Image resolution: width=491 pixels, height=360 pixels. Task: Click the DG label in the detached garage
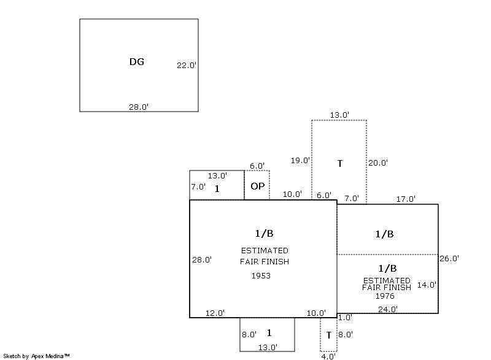[x=137, y=62]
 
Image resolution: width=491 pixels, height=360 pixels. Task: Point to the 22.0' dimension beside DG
[x=187, y=65]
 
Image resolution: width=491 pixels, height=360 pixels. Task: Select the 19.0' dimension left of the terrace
[x=300, y=161]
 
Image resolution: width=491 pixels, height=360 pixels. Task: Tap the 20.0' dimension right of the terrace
[x=377, y=163]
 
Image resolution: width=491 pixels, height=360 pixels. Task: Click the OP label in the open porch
[x=257, y=186]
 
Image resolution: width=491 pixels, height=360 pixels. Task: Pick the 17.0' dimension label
[x=406, y=199]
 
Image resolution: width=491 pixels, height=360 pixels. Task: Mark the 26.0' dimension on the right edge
[x=449, y=259]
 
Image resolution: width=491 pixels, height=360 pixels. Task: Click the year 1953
[x=261, y=276]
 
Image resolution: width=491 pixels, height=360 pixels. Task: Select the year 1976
[x=385, y=296]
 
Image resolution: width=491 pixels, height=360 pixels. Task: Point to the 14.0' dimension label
[x=427, y=285]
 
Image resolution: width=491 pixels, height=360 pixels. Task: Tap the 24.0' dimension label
[x=387, y=309]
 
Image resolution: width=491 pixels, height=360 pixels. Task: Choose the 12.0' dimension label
[x=215, y=313]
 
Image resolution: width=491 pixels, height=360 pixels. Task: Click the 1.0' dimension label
[x=345, y=318]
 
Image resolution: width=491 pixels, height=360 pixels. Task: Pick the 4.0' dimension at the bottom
[x=328, y=356]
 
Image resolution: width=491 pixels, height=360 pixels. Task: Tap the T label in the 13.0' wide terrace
[x=339, y=164]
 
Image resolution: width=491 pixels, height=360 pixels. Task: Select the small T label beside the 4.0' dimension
[x=329, y=335]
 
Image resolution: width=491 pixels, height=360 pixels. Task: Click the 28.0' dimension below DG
[x=138, y=107]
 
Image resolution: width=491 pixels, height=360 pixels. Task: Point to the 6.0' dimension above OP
[x=257, y=166]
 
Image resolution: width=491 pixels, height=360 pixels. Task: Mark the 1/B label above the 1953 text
[x=264, y=233]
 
